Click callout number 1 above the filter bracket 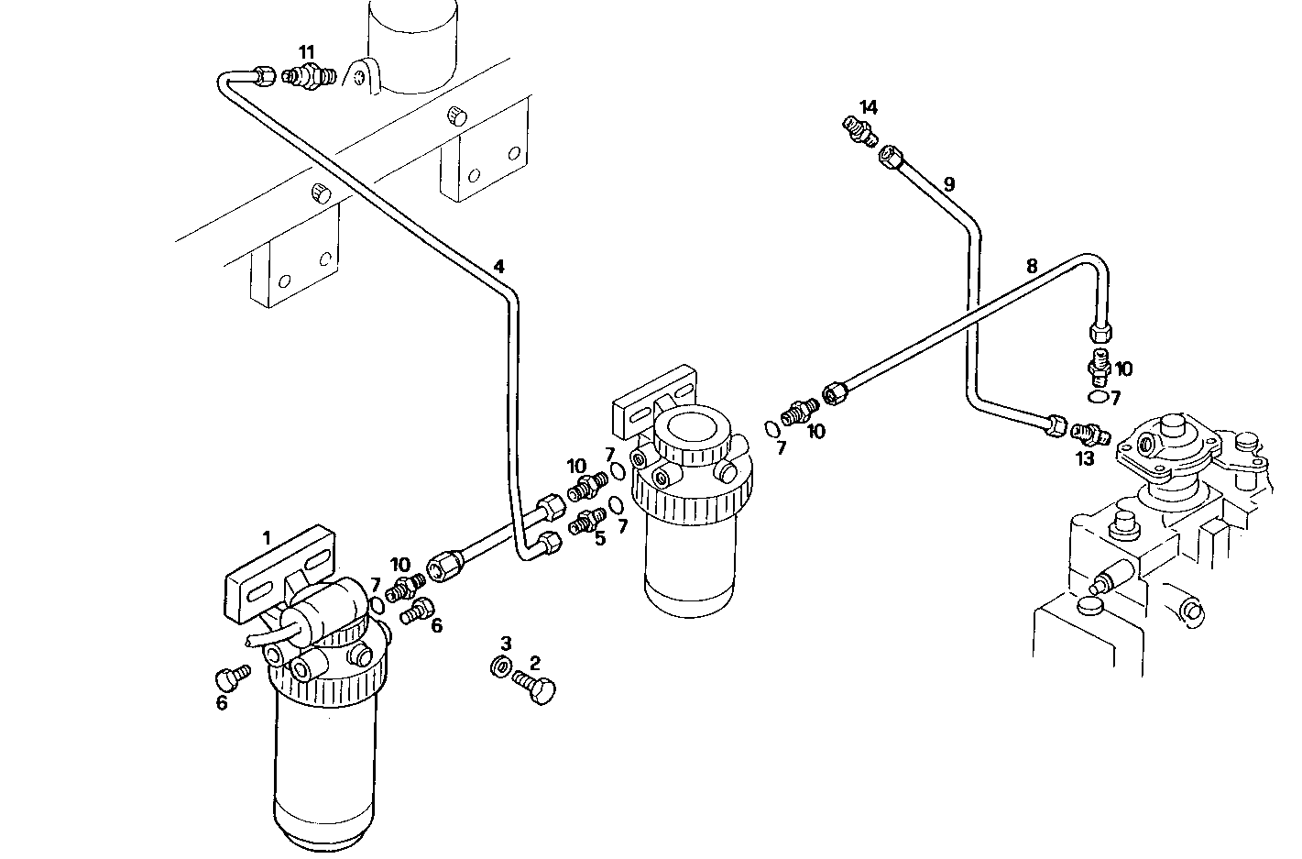pyautogui.click(x=267, y=537)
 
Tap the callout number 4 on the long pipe pyautogui.click(x=498, y=267)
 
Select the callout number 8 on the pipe pyautogui.click(x=1032, y=267)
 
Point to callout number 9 pyautogui.click(x=949, y=184)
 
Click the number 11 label pyautogui.click(x=306, y=52)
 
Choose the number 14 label pyautogui.click(x=869, y=107)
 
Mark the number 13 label pyautogui.click(x=1085, y=458)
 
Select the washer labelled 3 pyautogui.click(x=501, y=667)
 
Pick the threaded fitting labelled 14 pyautogui.click(x=860, y=131)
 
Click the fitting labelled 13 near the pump pyautogui.click(x=1089, y=431)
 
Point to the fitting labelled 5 pyautogui.click(x=585, y=523)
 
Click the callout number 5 pyautogui.click(x=600, y=538)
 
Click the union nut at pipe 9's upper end pyautogui.click(x=890, y=159)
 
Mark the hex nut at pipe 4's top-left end pyautogui.click(x=264, y=76)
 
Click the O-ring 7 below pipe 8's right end pyautogui.click(x=1097, y=396)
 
